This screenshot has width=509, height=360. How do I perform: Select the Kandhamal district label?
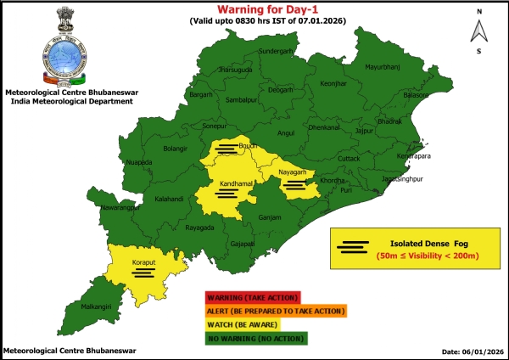point(221,184)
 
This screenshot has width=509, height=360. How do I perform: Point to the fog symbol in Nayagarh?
point(294,184)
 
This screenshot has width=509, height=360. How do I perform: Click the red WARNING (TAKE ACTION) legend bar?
point(251,297)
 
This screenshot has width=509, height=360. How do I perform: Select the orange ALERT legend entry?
point(274,311)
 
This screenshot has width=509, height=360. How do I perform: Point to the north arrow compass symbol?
point(479,31)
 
